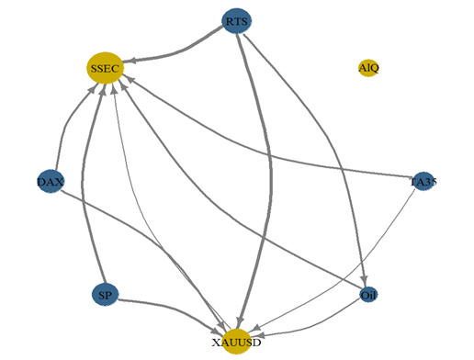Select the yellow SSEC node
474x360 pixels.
(105, 67)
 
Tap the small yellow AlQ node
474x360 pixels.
(368, 67)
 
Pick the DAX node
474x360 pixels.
(50, 182)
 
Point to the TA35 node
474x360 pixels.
(423, 182)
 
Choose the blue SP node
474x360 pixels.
(106, 295)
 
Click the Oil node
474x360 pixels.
(368, 295)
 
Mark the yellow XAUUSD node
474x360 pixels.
(237, 342)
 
